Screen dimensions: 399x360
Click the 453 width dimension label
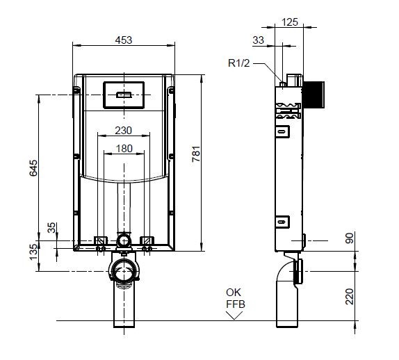tap(124, 40)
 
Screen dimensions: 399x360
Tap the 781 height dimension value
tap(196, 154)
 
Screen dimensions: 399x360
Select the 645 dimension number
tap(33, 168)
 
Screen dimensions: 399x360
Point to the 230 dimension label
tap(124, 131)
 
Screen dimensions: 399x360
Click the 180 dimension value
tap(124, 149)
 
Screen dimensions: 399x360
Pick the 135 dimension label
tap(33, 252)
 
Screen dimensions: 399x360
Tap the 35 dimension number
tap(51, 227)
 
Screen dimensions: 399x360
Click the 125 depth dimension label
tap(290, 22)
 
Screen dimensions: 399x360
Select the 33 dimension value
tap(259, 40)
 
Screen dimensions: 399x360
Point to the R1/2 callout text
tap(239, 63)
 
